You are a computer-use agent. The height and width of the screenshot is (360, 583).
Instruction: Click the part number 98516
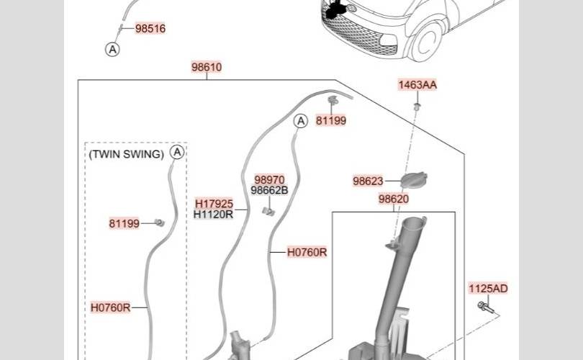(x=150, y=29)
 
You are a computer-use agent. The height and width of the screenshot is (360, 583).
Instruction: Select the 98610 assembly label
(x=207, y=68)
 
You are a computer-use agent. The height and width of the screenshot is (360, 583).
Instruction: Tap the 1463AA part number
(x=417, y=85)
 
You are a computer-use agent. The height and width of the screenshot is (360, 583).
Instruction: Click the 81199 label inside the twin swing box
(x=125, y=224)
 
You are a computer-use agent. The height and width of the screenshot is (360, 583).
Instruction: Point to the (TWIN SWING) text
(x=126, y=154)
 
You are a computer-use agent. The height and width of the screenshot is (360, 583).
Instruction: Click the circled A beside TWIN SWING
(x=178, y=153)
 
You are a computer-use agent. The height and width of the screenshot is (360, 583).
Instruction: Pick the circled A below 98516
(x=112, y=49)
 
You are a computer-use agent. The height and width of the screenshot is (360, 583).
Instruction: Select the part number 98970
(x=269, y=180)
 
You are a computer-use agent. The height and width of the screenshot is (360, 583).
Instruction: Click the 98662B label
(x=269, y=191)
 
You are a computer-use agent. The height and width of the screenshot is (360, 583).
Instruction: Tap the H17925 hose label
(x=214, y=204)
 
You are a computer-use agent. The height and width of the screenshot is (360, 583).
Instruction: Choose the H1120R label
(x=214, y=215)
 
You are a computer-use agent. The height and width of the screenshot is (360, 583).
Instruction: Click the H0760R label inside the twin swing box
(x=111, y=307)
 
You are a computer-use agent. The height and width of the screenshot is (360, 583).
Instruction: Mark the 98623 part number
(x=368, y=182)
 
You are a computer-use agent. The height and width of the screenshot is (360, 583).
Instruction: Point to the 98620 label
(x=394, y=199)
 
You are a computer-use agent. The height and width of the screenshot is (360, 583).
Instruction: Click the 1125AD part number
(x=488, y=289)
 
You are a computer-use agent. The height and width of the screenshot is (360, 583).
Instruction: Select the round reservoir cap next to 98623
(x=414, y=180)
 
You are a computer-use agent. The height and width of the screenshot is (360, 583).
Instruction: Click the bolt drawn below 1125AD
(x=484, y=307)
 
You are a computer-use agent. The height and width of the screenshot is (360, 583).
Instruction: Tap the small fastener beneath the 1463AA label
(x=417, y=107)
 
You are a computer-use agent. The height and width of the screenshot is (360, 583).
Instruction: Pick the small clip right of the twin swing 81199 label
(x=159, y=222)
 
